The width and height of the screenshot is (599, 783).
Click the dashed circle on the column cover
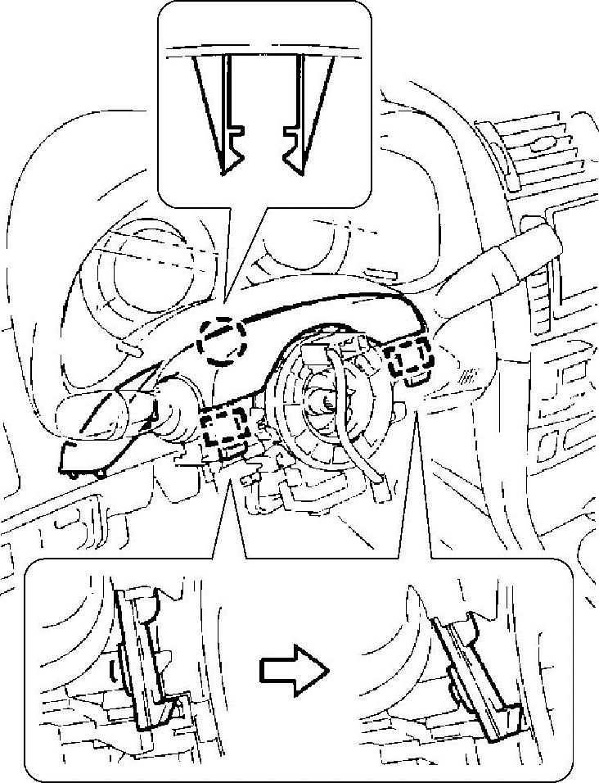223,339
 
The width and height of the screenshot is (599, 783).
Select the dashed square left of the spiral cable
225,428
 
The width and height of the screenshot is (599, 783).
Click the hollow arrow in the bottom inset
293,670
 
